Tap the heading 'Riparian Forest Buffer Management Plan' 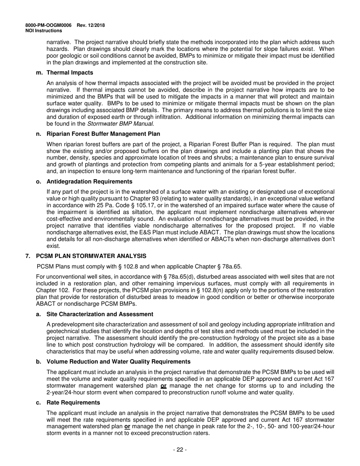(103, 134)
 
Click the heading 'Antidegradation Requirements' (89, 181)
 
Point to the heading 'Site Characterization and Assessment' (100, 314)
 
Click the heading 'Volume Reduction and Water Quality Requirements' (118, 361)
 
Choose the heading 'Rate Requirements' (73, 402)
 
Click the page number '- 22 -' (180, 450)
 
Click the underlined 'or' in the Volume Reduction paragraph (164, 386)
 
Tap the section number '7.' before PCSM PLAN (28, 256)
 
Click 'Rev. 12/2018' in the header (91, 25)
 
